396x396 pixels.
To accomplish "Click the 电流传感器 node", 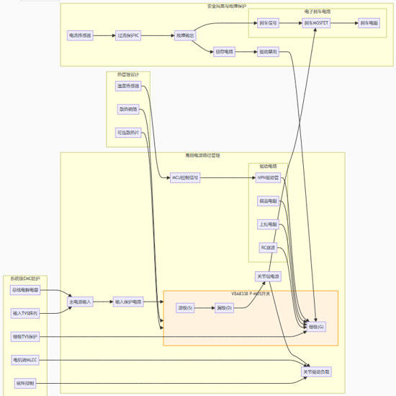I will tap(81, 35).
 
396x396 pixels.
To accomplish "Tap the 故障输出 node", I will tap(185, 35).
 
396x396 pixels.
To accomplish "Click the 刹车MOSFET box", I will tap(315, 23).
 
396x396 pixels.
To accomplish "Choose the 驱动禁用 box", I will tap(269, 52).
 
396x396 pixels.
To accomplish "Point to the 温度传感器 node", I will tap(128, 86).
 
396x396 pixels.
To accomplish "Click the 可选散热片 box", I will tap(128, 132).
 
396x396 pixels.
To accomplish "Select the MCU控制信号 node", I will tap(185, 177).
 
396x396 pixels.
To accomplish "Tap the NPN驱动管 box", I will tap(268, 177).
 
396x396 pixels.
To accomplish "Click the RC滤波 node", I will tap(268, 247).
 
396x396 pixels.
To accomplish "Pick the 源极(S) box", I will tap(185, 308).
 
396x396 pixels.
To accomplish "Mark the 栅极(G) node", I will tap(317, 327).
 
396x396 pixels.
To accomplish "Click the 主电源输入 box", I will tap(81, 302).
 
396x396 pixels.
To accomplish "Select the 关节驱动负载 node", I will tap(317, 371).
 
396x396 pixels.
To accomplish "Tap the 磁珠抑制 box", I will tap(24, 383).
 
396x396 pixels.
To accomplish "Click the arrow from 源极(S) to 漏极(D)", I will tap(204, 308).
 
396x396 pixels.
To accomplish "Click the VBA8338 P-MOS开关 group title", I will tap(251, 294).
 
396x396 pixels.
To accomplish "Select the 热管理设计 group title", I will tap(128, 74).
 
